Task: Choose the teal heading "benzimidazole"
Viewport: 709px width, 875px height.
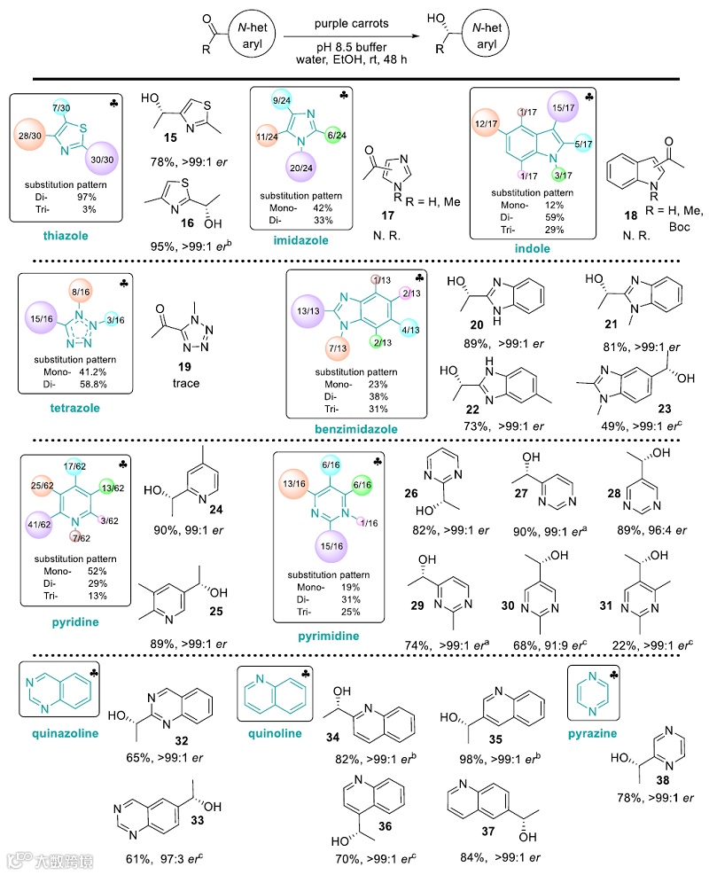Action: [354, 430]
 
